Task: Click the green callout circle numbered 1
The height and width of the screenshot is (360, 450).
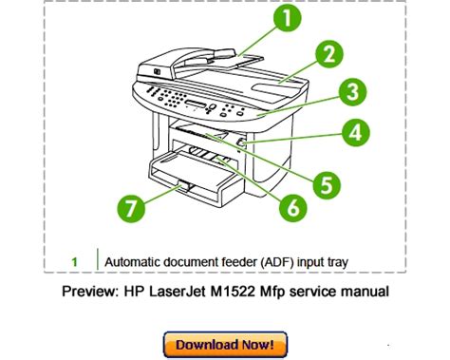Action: click(x=287, y=18)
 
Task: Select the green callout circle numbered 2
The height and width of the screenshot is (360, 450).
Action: click(x=329, y=53)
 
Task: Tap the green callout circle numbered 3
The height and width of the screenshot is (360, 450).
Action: click(x=353, y=92)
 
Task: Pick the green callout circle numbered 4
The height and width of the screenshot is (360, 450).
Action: click(x=356, y=132)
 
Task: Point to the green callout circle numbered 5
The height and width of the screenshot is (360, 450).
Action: click(x=327, y=185)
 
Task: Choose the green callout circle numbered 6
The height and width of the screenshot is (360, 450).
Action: click(x=293, y=208)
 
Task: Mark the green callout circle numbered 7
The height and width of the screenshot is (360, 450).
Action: click(x=131, y=208)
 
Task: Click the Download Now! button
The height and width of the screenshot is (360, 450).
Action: click(x=225, y=345)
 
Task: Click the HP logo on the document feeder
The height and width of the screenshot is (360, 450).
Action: click(x=157, y=72)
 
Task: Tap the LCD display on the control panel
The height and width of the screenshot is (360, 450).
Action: click(x=196, y=104)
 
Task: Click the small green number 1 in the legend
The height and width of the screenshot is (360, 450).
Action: click(x=74, y=262)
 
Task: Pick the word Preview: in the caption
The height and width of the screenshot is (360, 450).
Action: click(x=90, y=292)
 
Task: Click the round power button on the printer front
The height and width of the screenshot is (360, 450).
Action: click(x=241, y=143)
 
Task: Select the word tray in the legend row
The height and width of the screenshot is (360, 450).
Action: click(x=337, y=263)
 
